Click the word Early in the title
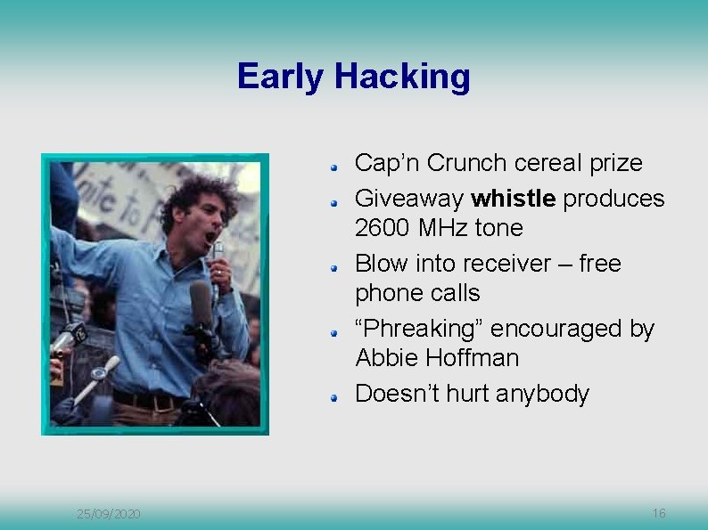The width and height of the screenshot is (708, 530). (x=281, y=77)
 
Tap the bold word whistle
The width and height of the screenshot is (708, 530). (x=513, y=198)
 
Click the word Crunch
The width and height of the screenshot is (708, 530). (x=467, y=163)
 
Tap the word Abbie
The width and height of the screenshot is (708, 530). (x=385, y=358)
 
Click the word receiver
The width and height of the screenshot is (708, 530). (x=500, y=264)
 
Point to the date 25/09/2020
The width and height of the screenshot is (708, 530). (x=108, y=514)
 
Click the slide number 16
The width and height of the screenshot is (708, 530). (x=659, y=513)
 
